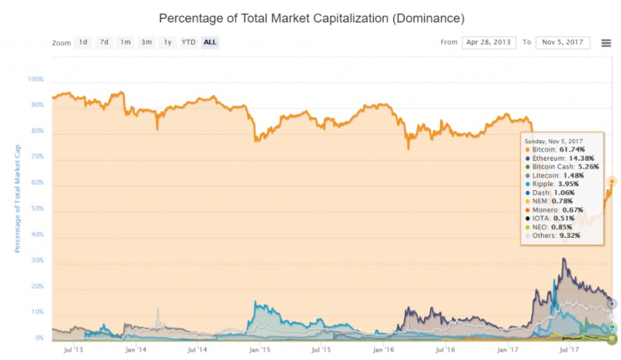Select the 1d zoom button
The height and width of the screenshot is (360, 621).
click(x=84, y=42)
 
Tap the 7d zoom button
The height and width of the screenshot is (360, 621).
click(x=105, y=42)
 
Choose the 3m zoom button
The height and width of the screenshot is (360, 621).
click(x=147, y=42)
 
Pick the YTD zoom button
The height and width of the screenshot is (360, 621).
click(x=188, y=42)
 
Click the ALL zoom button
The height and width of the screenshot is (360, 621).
click(x=210, y=42)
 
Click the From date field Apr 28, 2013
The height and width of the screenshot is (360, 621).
click(x=488, y=42)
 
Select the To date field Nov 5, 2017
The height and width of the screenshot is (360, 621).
click(x=563, y=42)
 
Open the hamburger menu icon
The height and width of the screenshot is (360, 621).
click(x=606, y=43)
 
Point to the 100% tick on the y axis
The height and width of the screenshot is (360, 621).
click(x=36, y=79)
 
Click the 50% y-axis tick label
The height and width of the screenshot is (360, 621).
click(x=38, y=208)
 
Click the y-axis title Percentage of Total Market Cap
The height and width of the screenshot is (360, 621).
click(x=18, y=198)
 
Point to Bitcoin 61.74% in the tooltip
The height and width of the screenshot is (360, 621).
click(x=554, y=149)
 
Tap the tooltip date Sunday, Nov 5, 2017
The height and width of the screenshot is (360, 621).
click(x=554, y=140)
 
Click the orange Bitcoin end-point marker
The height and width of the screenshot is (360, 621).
click(x=612, y=182)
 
